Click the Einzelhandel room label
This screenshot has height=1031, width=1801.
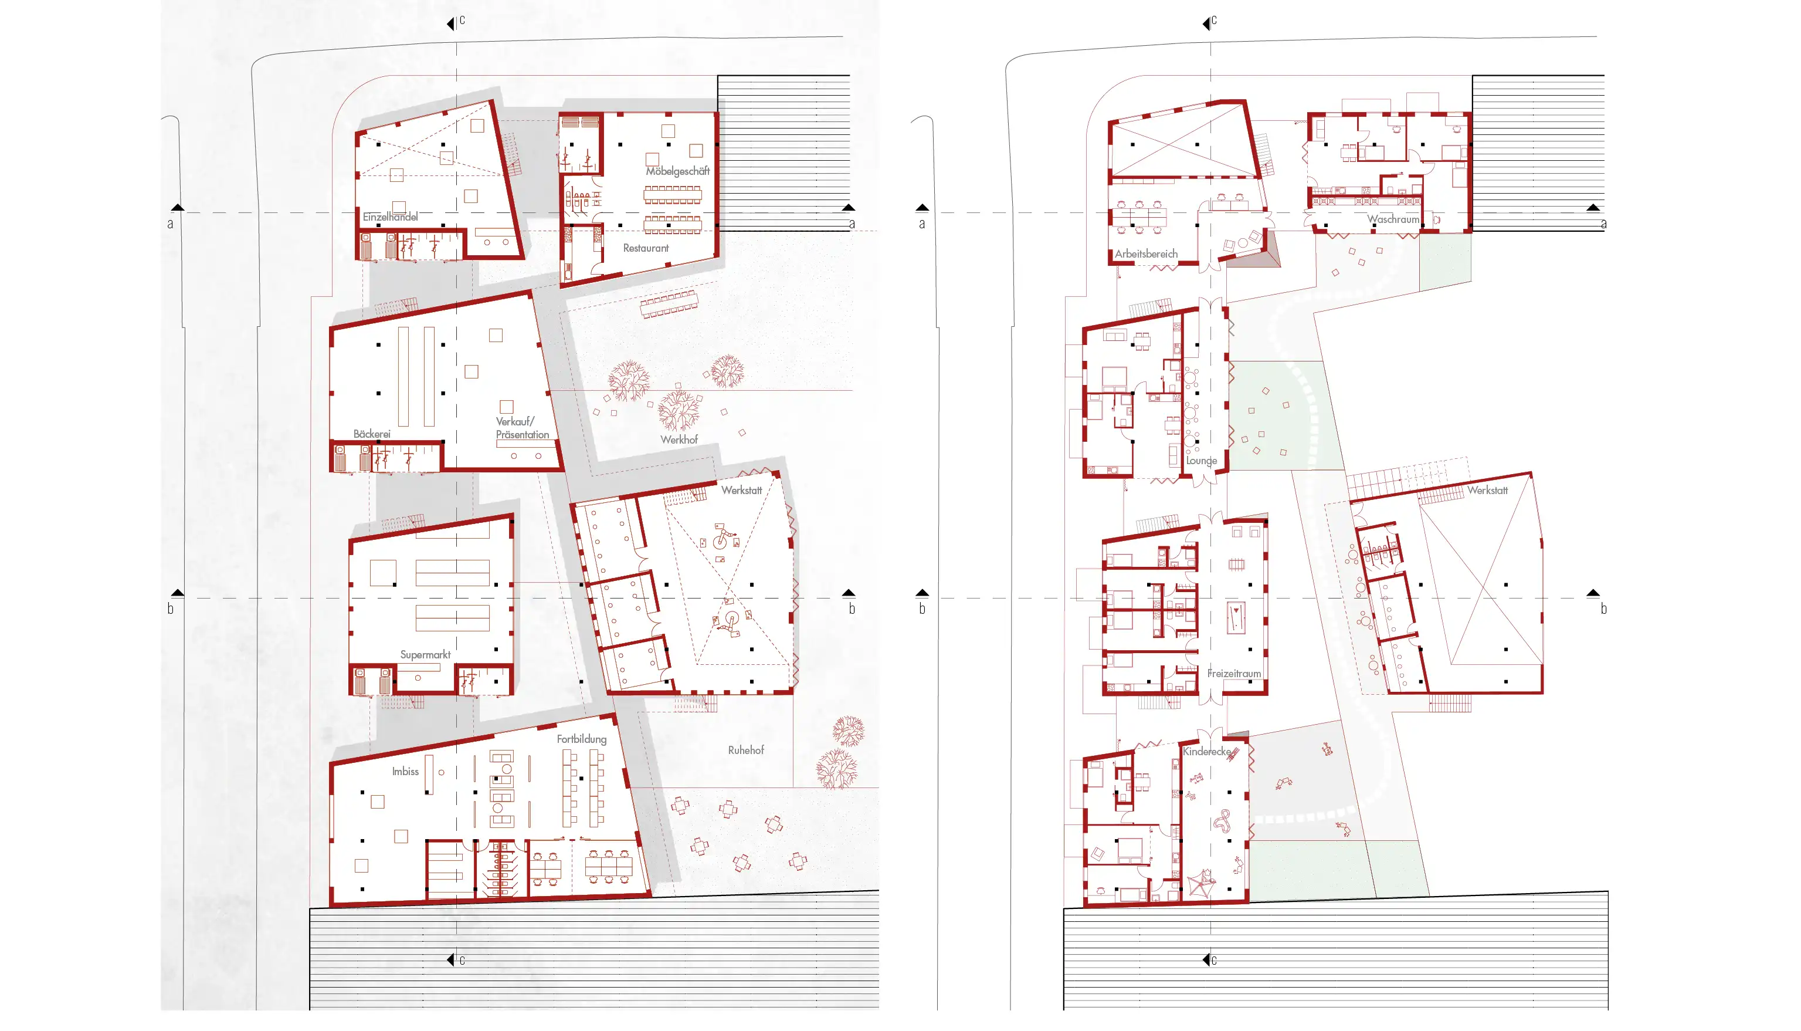point(390,217)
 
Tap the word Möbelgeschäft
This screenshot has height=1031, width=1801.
point(677,171)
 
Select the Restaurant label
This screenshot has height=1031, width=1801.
point(645,248)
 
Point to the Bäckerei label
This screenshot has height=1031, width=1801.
point(372,434)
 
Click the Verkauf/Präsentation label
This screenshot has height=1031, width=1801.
point(523,428)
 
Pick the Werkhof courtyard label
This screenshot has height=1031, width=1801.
point(679,440)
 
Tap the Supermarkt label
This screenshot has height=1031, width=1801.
point(425,655)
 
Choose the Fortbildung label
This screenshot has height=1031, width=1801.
point(582,739)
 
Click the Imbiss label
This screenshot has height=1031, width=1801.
point(405,771)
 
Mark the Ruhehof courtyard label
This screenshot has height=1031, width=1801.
point(746,750)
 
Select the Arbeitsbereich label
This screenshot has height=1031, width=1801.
point(1147,253)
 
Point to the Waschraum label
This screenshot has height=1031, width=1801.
point(1393,219)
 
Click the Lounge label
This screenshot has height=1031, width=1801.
point(1202,461)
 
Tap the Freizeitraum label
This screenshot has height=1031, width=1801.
point(1234,674)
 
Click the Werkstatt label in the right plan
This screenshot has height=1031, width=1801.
point(1487,490)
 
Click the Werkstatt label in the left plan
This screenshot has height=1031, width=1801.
point(742,490)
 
